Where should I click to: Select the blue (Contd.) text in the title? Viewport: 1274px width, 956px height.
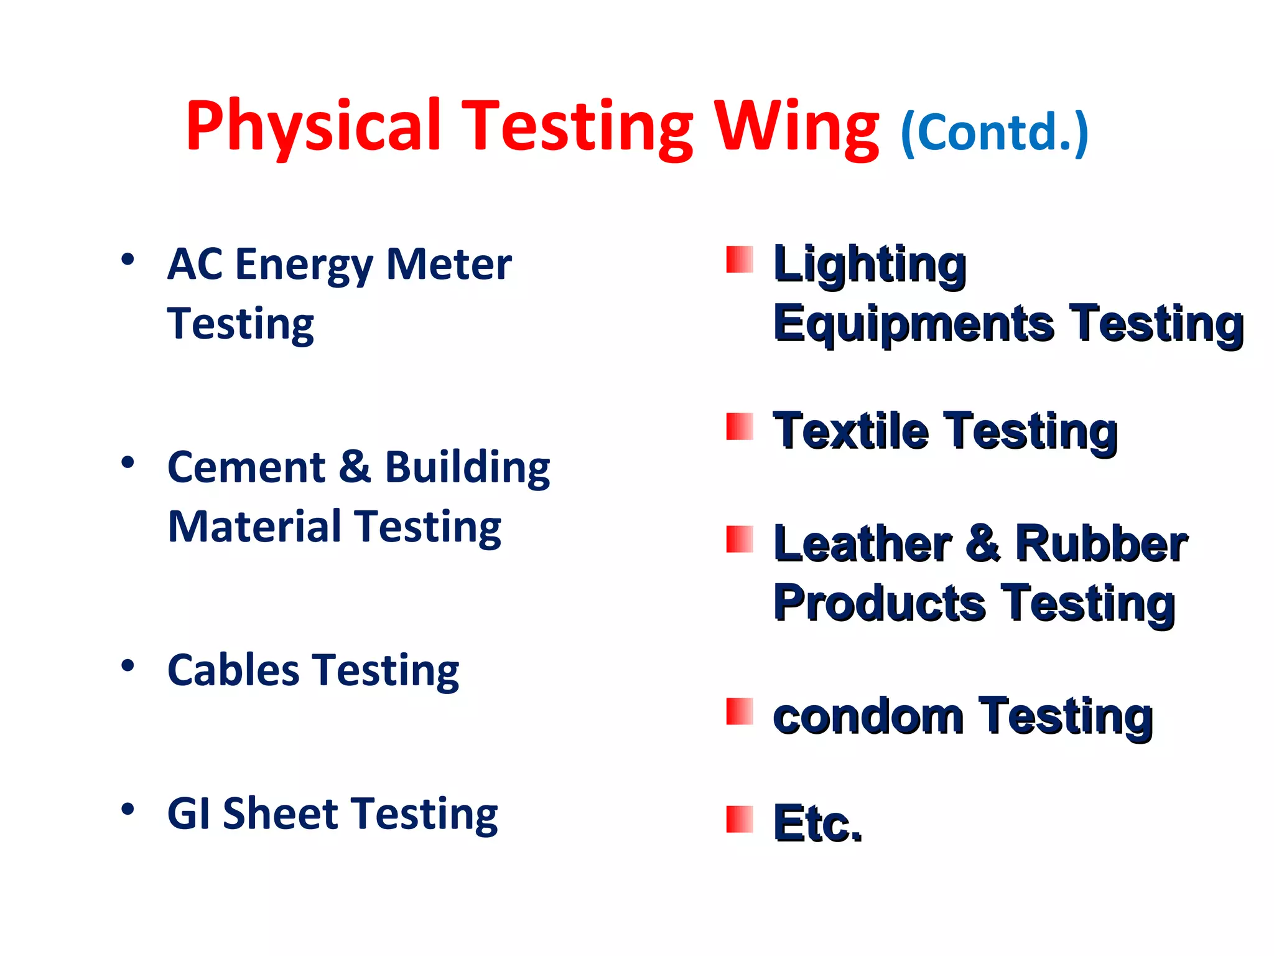994,132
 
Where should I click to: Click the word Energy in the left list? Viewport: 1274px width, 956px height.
304,265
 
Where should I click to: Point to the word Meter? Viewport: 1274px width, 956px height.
449,264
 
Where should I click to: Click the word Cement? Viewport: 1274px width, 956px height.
246,467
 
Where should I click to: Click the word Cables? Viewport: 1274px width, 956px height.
233,670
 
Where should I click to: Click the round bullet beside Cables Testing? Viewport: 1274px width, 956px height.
128,666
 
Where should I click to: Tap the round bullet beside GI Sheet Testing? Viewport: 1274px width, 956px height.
128,809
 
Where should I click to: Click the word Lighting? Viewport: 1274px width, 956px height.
870,265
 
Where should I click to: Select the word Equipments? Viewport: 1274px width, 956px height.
914,324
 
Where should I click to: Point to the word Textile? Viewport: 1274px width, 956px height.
850,431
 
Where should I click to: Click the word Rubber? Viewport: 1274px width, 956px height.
1101,543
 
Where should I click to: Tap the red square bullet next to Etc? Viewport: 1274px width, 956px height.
740,819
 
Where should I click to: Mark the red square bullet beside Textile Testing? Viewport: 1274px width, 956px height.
740,427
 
